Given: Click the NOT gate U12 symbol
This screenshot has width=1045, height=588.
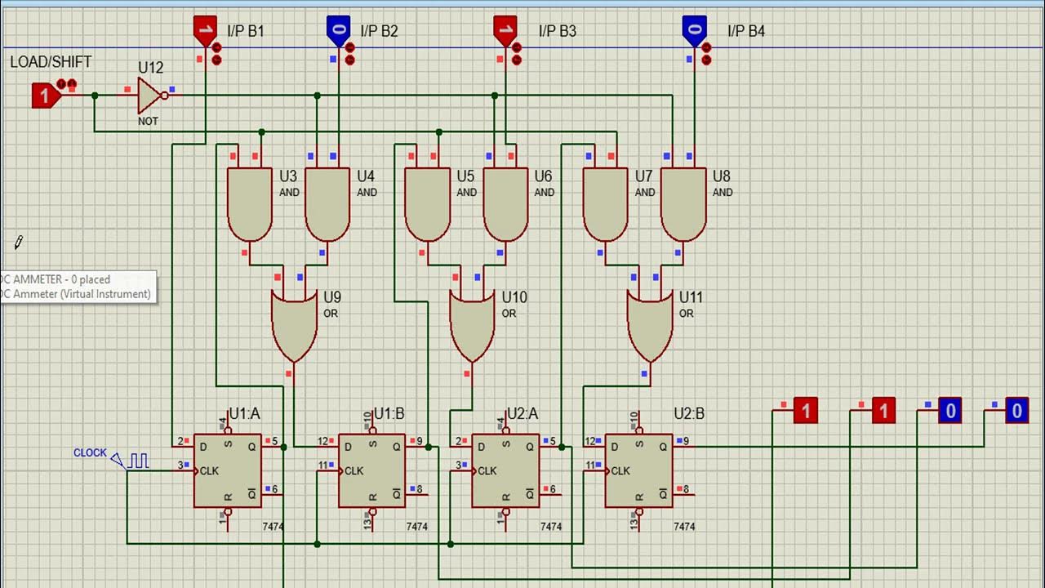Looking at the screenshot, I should coord(150,96).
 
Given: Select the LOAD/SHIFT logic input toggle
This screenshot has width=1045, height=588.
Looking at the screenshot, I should coord(46,96).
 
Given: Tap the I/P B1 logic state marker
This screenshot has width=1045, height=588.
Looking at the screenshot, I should coord(205,30).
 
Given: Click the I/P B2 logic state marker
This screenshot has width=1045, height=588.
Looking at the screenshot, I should coord(339,30).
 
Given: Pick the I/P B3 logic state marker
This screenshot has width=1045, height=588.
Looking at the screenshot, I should coord(505,30).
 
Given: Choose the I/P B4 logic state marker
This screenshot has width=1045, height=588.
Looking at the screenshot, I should coord(694,30).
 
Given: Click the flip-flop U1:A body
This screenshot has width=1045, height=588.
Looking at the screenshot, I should coord(228,470).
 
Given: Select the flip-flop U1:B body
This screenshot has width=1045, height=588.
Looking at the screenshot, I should coord(372,470).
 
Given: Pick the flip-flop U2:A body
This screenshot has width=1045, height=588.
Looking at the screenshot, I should coord(505,470).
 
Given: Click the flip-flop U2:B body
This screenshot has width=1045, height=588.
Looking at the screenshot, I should coord(638,470).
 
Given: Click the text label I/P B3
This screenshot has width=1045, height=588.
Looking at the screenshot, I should coord(557,31).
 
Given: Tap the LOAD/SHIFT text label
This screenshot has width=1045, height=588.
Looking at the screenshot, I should coord(51,62).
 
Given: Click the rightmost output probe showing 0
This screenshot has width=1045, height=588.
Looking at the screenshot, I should coord(1016,411).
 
